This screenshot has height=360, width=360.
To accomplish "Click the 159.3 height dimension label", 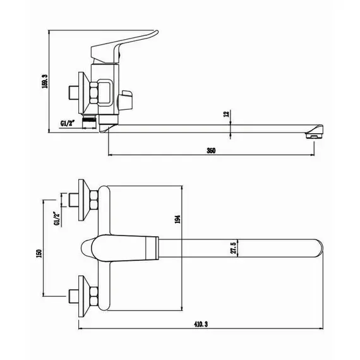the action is pyautogui.click(x=45, y=81).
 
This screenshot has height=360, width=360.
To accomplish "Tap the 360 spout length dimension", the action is pyautogui.click(x=211, y=150).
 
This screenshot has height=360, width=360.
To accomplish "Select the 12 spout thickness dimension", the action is pyautogui.click(x=226, y=114).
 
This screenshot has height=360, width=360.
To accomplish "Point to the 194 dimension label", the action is pyautogui.click(x=177, y=220).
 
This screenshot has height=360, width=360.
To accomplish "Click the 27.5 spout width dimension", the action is pyautogui.click(x=233, y=248).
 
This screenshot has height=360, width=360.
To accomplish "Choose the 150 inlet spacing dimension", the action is pyautogui.click(x=39, y=254).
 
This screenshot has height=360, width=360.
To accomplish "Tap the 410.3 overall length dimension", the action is pyautogui.click(x=201, y=324).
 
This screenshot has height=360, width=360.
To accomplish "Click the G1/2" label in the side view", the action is pyautogui.click(x=68, y=123).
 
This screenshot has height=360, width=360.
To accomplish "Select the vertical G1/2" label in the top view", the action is pyautogui.click(x=56, y=219).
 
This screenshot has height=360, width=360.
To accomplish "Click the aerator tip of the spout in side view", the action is pyautogui.click(x=314, y=136).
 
